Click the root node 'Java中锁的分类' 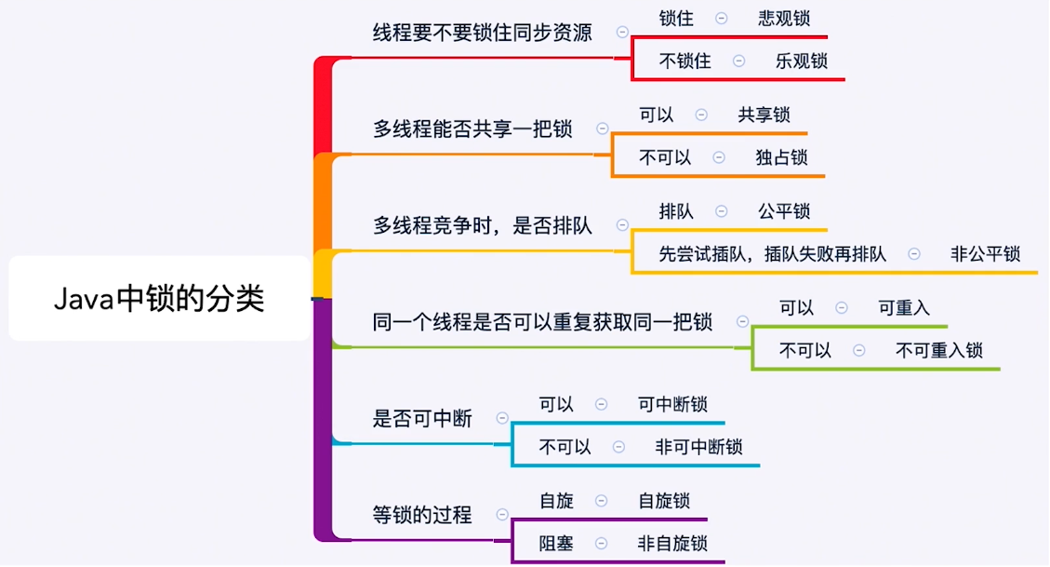coord(159,299)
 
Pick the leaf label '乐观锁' coord(801,61)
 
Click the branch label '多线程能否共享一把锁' coord(472,128)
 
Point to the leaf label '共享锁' coord(764,115)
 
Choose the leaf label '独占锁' coord(781,157)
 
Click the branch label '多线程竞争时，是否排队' coord(482,225)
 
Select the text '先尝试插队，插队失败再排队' coord(772,254)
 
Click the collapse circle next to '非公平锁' coord(914,254)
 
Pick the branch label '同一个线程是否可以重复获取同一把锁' coord(542,322)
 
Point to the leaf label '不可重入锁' coord(938,351)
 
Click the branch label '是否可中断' coord(422,419)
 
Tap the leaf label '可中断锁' coord(672,404)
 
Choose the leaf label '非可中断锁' coord(698,447)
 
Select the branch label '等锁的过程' coord(422,515)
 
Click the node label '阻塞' coord(556,544)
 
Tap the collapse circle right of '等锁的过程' coord(502,515)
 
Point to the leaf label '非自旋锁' coord(672,544)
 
